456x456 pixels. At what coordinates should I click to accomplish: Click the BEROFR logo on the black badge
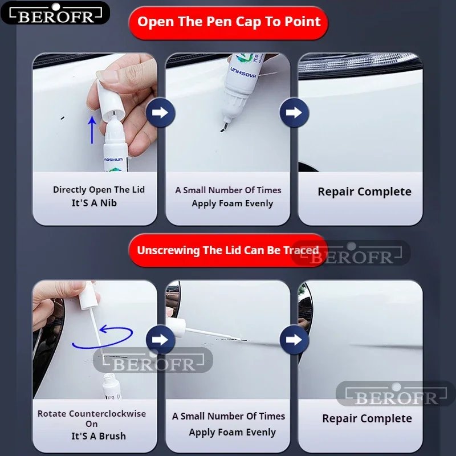click(55, 14)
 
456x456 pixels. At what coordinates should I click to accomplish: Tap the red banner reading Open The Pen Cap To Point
click(229, 23)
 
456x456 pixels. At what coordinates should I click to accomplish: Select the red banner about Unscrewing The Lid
click(227, 250)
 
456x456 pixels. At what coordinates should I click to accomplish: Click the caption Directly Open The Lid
click(99, 190)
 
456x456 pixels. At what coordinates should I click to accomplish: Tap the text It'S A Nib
click(94, 203)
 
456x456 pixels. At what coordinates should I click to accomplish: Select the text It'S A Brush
click(99, 436)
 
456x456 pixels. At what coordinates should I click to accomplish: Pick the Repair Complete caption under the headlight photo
click(364, 192)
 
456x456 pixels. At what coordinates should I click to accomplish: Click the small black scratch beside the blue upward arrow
click(62, 118)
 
